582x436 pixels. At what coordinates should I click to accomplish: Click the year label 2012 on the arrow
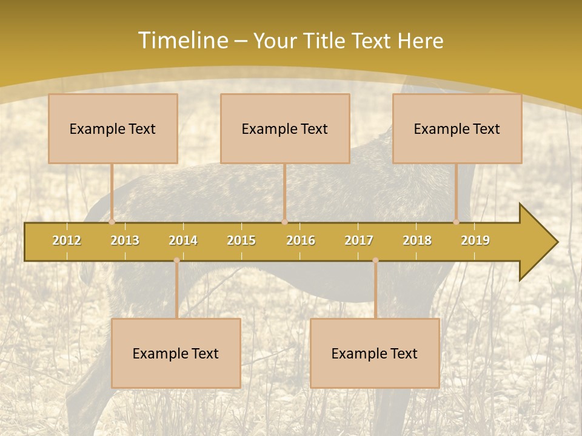[67, 240]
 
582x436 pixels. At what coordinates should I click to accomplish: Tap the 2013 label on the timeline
[125, 240]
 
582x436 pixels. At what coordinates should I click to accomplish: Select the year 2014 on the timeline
[183, 240]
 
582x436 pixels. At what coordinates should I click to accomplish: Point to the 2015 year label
[241, 240]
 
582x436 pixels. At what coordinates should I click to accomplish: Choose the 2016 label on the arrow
[301, 240]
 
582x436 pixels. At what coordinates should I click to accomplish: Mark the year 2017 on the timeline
[359, 240]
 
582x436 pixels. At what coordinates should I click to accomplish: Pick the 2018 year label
[417, 240]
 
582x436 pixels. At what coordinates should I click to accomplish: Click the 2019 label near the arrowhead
[475, 240]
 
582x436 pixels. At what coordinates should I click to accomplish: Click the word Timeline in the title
[182, 41]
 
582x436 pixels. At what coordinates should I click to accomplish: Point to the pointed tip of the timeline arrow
[557, 242]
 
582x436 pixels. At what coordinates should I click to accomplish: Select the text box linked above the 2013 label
[113, 128]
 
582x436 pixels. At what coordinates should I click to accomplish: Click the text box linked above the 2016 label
[285, 128]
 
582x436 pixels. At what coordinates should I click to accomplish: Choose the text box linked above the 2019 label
[457, 128]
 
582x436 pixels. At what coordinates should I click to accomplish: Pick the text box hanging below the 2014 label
[176, 353]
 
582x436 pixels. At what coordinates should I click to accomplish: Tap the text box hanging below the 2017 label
[375, 353]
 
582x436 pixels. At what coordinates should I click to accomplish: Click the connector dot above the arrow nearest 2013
[112, 222]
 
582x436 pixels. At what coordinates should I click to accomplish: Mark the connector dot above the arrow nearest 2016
[284, 222]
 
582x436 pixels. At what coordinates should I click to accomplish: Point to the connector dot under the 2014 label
[176, 260]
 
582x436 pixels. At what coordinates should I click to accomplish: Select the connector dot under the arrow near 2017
[375, 260]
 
